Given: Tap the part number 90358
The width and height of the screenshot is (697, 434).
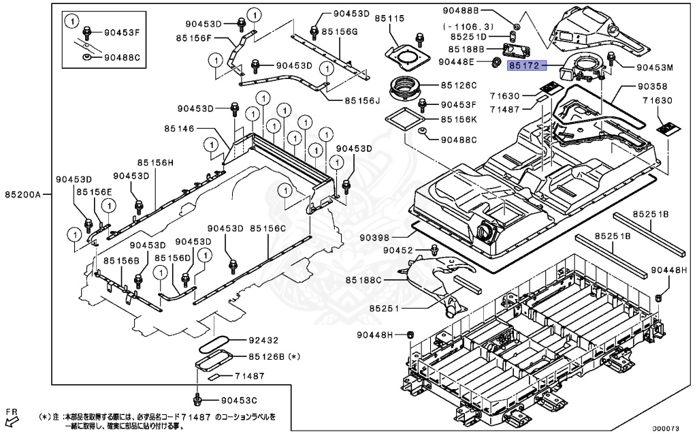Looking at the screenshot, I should click(653, 87).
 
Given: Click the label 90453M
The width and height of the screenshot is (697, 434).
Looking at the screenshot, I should click(654, 67).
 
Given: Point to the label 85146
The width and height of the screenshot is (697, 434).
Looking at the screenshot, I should click(180, 128).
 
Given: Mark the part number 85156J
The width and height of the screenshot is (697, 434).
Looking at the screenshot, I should click(361, 100).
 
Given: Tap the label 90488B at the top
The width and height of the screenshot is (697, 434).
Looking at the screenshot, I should click(480, 11).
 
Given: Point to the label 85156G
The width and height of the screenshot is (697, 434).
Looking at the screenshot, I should click(340, 31).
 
